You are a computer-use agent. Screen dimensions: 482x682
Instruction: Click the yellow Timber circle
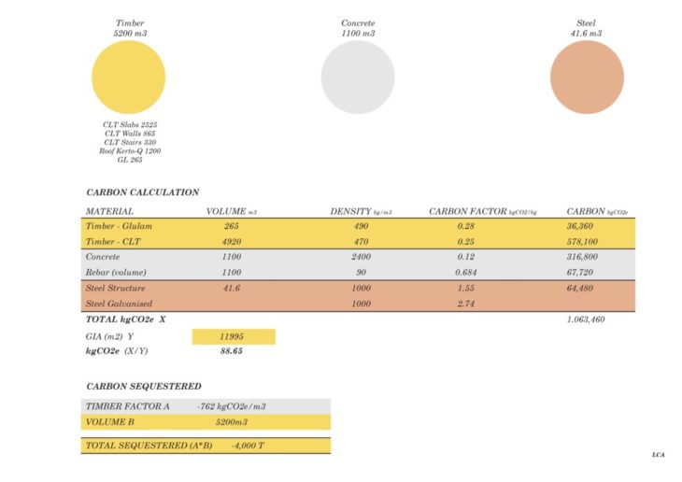click(129, 78)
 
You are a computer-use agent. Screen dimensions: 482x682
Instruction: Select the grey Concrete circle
click(358, 78)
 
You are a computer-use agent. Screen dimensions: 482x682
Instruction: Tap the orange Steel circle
click(587, 78)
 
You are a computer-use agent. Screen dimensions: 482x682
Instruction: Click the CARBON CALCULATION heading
click(142, 192)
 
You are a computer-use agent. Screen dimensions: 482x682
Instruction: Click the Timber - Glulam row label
click(119, 226)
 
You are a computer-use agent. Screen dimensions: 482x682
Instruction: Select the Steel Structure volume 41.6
click(232, 289)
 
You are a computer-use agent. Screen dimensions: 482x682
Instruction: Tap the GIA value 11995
click(233, 335)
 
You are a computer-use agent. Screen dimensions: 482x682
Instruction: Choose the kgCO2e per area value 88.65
click(233, 351)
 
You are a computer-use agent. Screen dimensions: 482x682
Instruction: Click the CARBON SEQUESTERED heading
click(143, 386)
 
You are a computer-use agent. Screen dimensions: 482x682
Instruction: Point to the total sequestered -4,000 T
click(248, 446)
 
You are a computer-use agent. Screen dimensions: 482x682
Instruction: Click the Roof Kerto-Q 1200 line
click(130, 150)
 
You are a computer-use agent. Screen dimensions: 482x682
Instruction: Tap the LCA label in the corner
click(659, 455)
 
